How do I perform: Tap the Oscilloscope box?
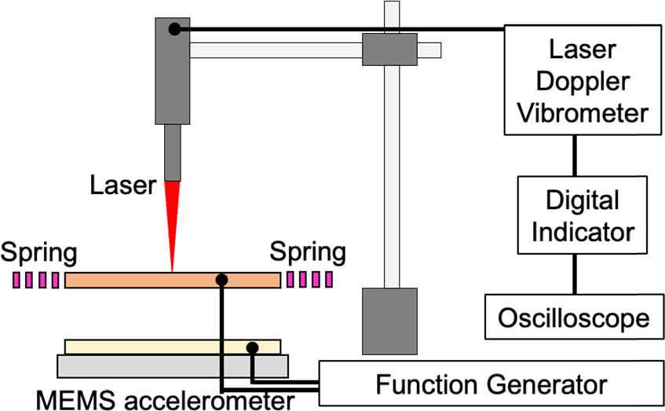574,317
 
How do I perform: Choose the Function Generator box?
491,385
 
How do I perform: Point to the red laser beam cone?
171,216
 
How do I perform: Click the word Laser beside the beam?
124,186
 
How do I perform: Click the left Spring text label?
39,253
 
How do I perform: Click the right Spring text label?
308,253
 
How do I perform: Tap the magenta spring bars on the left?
36,280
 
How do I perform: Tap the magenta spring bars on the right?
309,280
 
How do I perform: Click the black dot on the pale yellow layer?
252,347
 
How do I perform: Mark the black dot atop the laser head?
174,30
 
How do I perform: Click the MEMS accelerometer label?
149,400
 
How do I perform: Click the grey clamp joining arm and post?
388,49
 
